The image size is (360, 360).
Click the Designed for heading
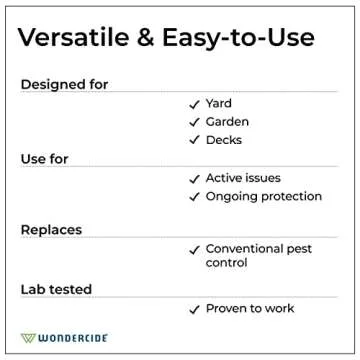click(64, 85)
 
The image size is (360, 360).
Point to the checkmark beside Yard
click(194, 104)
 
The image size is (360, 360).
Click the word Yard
click(218, 104)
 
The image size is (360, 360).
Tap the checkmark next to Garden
click(194, 122)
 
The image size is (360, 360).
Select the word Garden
click(227, 122)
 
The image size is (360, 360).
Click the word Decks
click(223, 140)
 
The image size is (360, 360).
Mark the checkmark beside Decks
click(194, 140)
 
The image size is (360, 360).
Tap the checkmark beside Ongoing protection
click(194, 196)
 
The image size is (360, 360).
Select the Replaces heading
click(49, 230)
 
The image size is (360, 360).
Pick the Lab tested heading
click(56, 289)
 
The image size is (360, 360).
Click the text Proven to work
click(249, 308)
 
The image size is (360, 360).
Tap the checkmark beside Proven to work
click(194, 308)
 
